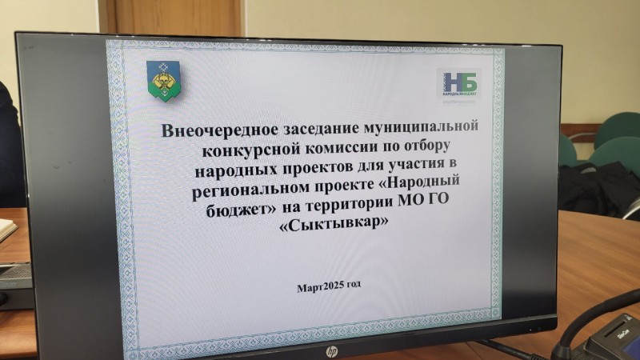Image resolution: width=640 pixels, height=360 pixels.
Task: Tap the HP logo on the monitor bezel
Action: pos(331,350)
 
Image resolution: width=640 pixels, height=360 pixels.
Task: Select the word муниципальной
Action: pos(423,127)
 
